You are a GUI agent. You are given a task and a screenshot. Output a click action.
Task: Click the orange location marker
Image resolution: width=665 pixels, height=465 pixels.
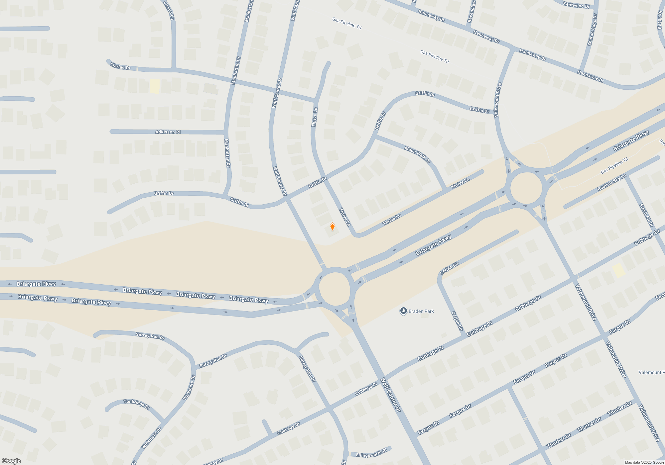332,227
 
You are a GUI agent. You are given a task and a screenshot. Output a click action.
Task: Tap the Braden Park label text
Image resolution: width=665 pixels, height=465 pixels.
421,311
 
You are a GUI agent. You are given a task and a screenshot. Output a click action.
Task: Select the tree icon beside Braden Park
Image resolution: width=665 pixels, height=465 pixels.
403,311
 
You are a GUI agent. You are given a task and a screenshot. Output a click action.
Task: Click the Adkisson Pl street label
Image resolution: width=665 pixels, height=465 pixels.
168,132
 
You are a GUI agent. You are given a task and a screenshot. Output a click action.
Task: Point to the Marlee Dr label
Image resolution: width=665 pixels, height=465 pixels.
120,66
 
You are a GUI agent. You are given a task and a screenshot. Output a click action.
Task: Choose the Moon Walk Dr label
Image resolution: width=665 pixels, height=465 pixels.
417,154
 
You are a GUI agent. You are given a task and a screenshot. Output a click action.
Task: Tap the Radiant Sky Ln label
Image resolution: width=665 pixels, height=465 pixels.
611,182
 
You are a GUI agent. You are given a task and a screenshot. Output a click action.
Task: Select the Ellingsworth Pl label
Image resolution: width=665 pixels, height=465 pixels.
371,453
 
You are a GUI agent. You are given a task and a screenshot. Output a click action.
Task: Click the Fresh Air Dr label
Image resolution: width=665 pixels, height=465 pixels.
646,215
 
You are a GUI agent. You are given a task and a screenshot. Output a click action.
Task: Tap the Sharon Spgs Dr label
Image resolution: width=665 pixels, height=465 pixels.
592,30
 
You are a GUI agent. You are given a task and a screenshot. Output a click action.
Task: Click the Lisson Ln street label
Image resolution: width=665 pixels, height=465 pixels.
169,11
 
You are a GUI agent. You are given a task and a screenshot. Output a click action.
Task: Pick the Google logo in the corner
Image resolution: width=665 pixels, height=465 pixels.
11,461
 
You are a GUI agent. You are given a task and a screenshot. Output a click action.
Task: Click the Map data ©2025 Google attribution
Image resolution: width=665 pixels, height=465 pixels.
644,462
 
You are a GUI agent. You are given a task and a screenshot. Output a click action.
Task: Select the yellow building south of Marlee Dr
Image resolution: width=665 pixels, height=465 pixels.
155,86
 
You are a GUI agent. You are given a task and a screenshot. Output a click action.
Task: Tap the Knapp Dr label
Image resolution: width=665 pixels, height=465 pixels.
660,19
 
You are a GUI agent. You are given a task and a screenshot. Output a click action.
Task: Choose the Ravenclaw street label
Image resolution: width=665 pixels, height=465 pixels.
471,12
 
